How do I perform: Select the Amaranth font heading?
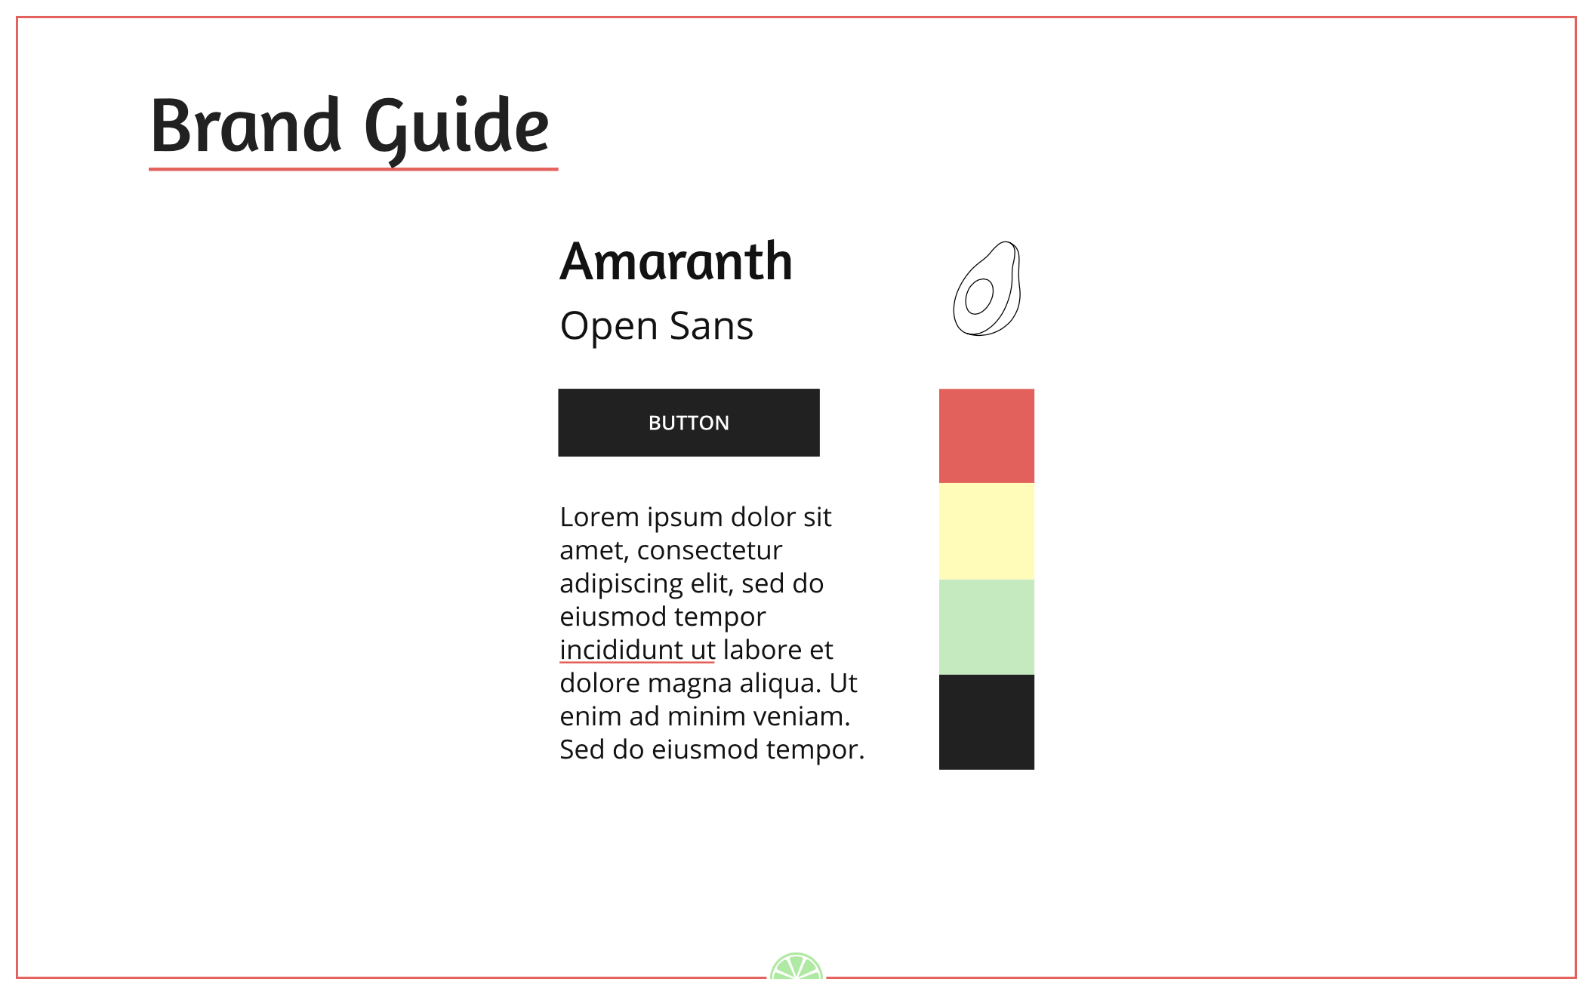676,262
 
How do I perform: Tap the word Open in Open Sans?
609,327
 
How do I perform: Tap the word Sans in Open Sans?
711,327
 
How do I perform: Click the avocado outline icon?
988,289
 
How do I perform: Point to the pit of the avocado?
979,296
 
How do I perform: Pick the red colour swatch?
986,436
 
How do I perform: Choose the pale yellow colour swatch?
986,531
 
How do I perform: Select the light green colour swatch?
986,627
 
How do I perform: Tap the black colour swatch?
986,722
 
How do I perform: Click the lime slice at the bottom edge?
796,968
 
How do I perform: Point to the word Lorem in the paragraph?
599,518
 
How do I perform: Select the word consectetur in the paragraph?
709,551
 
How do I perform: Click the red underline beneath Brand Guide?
353,169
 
